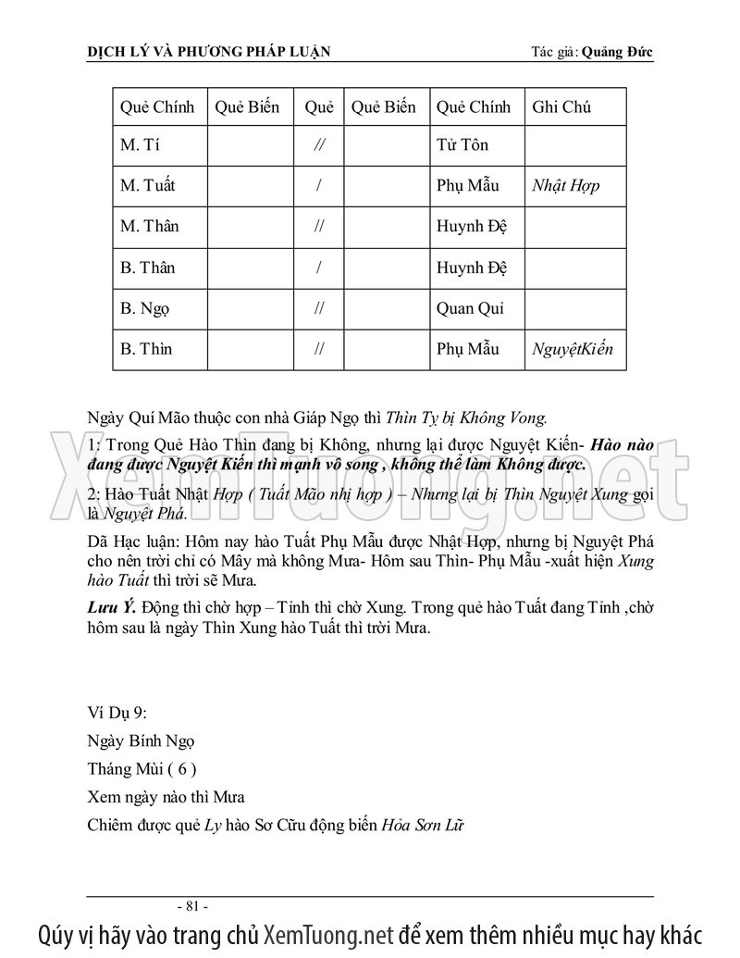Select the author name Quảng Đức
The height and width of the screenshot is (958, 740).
tap(618, 52)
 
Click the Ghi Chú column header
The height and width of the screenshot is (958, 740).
tap(561, 106)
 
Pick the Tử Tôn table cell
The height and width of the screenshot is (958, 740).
tap(462, 145)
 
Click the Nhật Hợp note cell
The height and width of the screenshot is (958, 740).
tap(565, 186)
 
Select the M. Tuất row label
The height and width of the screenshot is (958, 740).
tap(147, 186)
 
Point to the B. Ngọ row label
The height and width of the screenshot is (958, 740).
tap(146, 309)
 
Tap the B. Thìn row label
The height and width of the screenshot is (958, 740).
tap(146, 350)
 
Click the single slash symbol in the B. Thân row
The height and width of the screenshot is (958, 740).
tap(318, 268)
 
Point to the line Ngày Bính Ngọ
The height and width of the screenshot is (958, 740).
tap(140, 741)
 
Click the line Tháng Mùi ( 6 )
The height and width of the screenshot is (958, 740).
tap(142, 769)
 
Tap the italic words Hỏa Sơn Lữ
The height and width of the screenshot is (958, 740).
tap(423, 825)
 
